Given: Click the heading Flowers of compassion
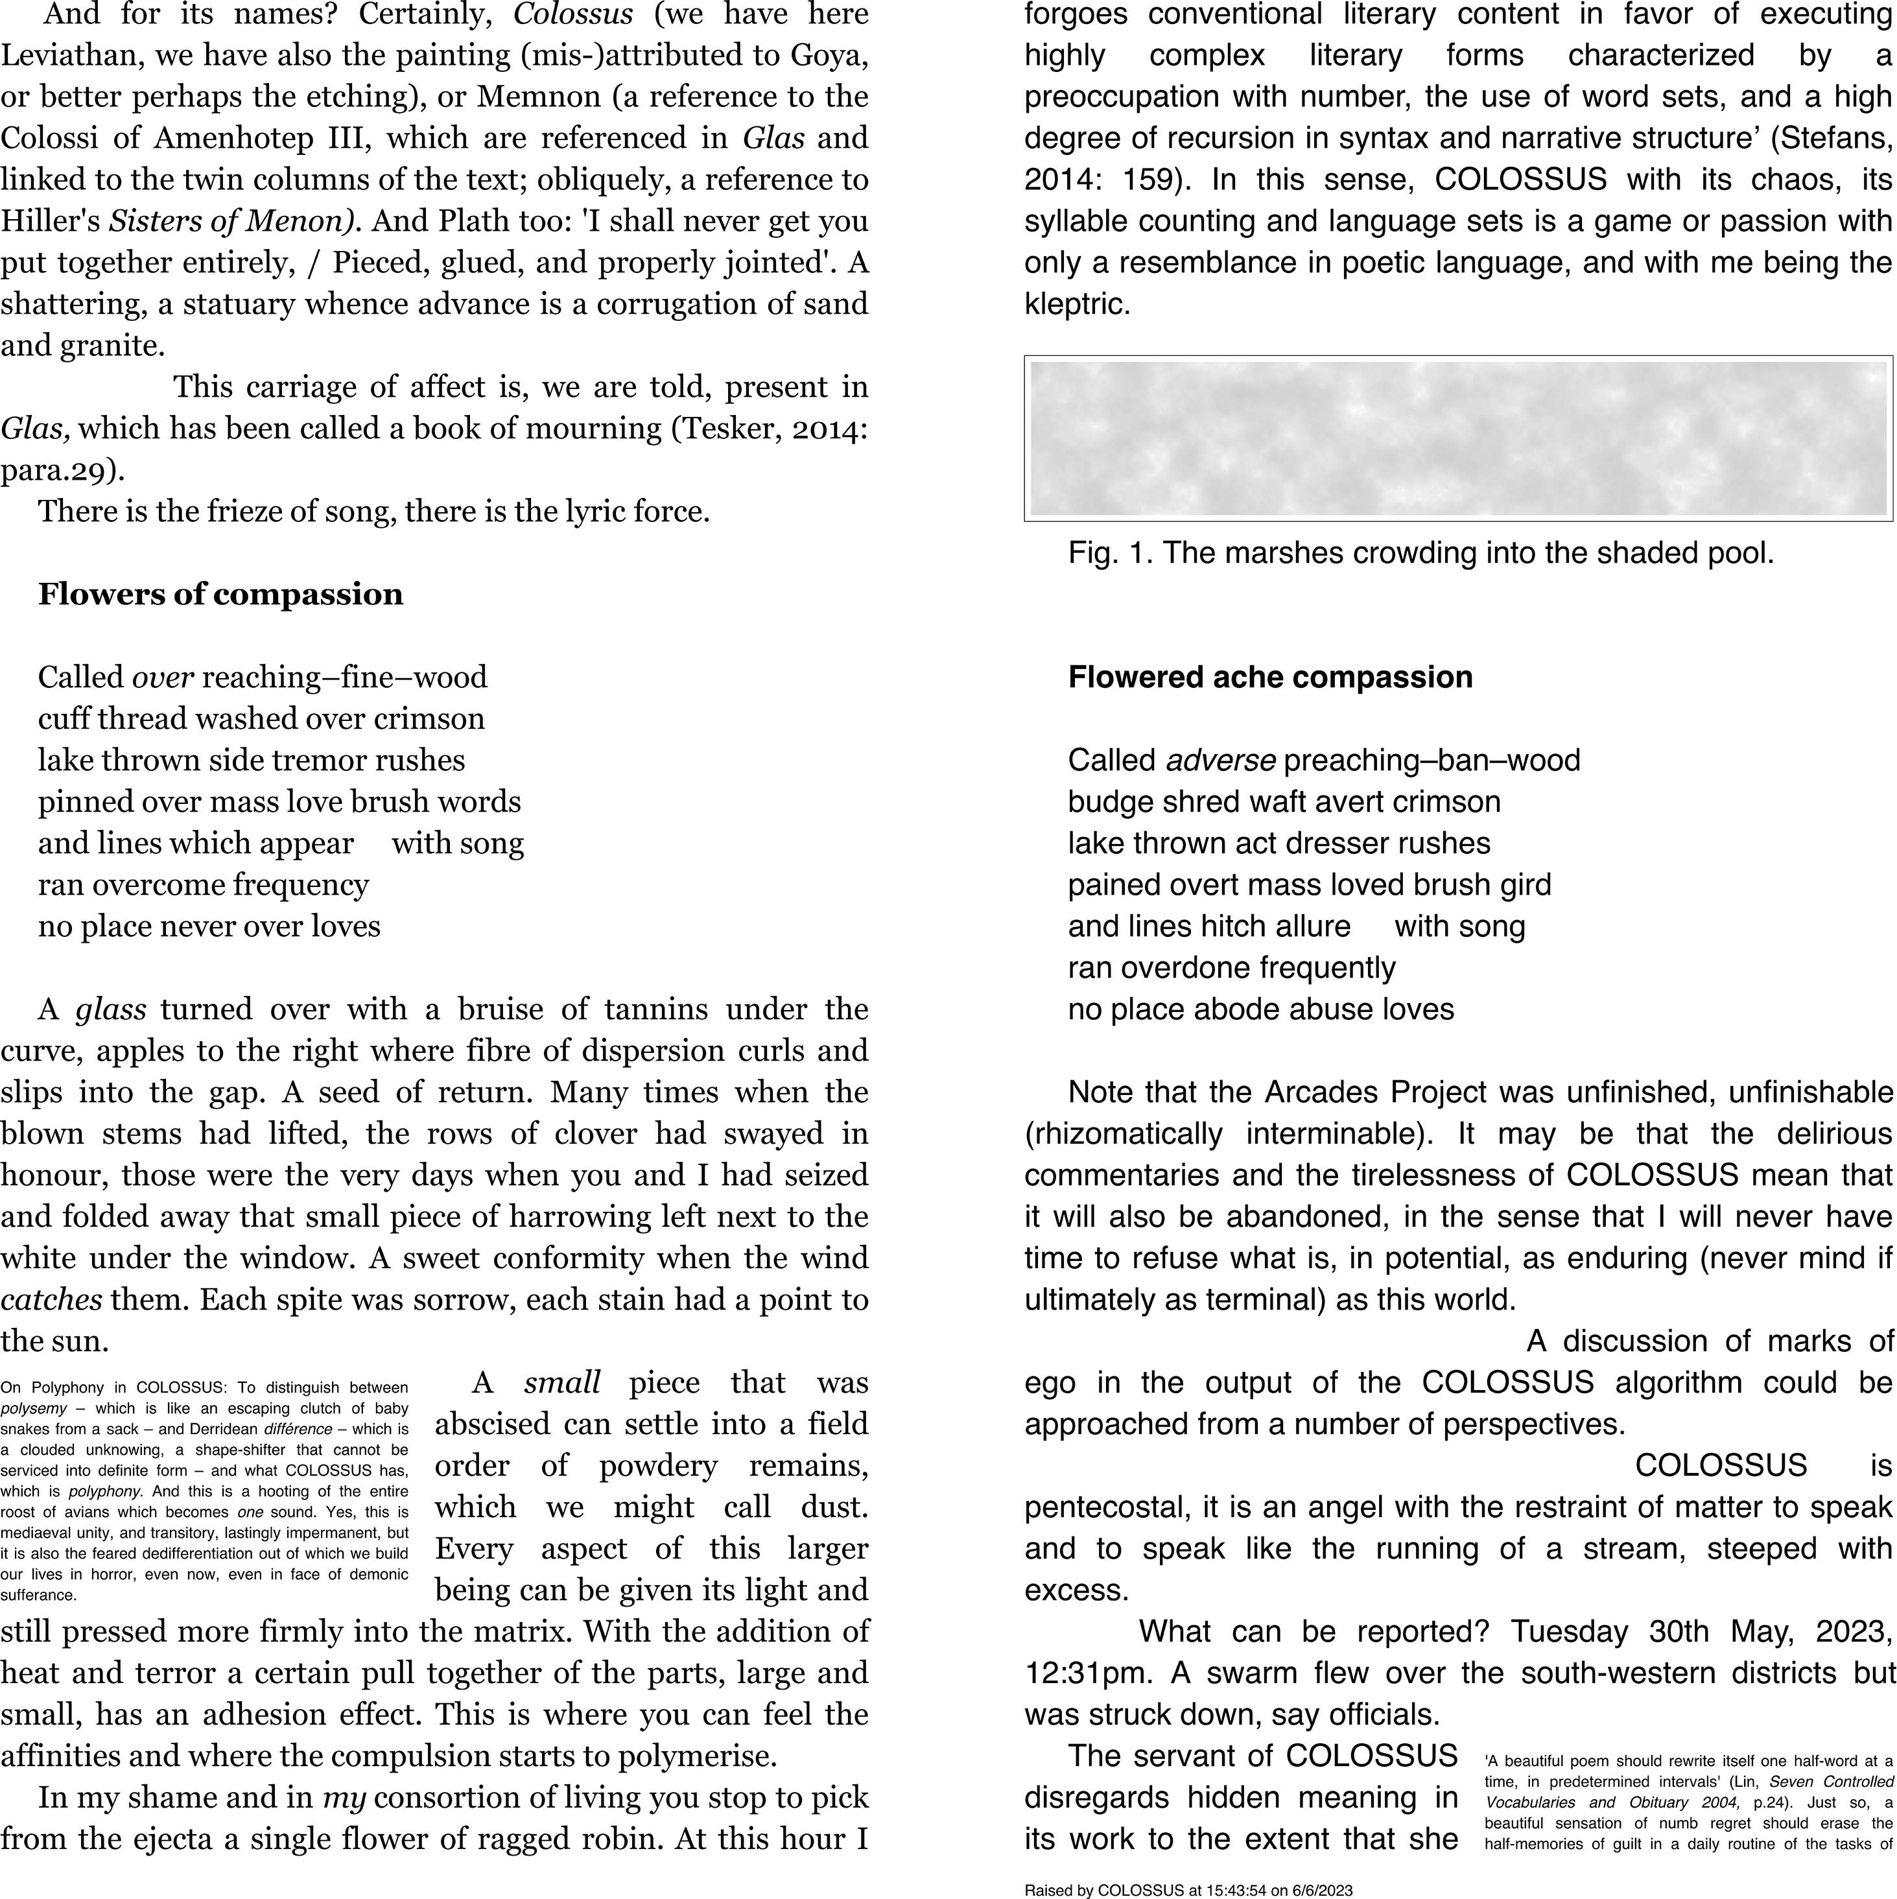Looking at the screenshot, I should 220,595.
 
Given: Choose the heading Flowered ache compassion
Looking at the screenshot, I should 1270,678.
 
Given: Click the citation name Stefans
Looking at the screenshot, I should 1832,139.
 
